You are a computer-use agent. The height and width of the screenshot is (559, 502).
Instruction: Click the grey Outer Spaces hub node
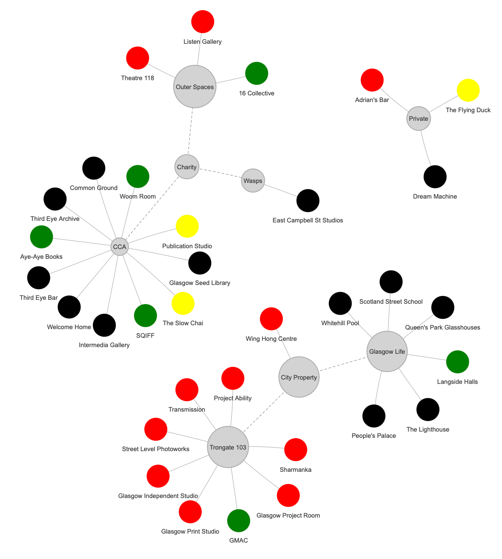tap(195, 86)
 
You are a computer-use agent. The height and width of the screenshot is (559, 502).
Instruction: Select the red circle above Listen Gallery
tap(203, 21)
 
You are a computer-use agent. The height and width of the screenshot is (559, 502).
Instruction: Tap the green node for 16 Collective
tap(256, 73)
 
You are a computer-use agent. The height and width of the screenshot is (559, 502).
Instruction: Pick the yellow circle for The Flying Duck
tap(468, 90)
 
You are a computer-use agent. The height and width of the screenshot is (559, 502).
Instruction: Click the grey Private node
tap(418, 118)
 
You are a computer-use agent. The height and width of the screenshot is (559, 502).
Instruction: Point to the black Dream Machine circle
tap(435, 177)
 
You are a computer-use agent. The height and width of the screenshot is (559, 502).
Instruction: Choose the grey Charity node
tap(187, 167)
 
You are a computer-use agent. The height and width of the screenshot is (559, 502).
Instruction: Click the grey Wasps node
tap(253, 181)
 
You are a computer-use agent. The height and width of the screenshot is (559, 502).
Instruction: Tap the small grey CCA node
tap(119, 247)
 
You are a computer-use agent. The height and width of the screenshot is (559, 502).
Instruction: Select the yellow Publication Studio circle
tap(187, 226)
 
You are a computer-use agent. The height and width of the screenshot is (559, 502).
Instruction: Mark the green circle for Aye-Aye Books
tap(41, 236)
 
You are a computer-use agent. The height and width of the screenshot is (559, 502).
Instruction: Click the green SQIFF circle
tap(145, 315)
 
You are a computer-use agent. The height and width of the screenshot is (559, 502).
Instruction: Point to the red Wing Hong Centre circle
tap(271, 319)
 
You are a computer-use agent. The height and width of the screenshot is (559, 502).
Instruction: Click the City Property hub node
tap(299, 377)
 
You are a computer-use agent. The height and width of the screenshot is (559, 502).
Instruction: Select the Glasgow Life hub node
tap(387, 351)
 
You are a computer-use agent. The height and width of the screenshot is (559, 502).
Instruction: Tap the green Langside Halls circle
tap(457, 362)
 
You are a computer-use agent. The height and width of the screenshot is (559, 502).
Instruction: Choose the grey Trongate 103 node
tap(228, 447)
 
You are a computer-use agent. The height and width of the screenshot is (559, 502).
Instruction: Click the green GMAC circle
tap(239, 521)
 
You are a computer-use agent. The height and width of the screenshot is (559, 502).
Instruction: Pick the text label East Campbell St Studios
tap(308, 220)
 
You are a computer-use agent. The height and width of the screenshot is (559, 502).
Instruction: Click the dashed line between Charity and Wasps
tap(220, 174)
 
